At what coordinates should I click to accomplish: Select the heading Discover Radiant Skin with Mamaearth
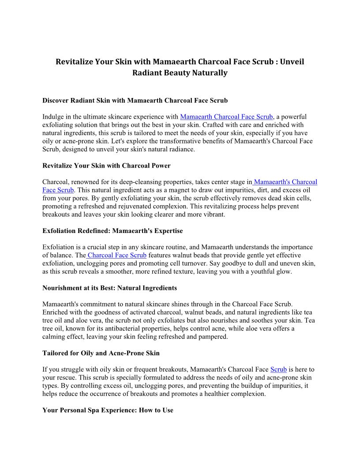coord(135,101)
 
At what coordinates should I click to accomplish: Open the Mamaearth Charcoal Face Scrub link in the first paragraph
coord(227,117)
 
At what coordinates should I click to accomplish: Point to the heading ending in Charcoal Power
coord(106,166)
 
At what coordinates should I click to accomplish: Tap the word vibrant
coord(213,214)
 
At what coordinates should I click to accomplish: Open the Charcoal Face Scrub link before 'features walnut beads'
coord(117,256)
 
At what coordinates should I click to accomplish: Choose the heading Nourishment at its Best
coord(109,288)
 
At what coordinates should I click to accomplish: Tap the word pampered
coord(214,337)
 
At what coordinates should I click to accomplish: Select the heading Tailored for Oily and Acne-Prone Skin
coord(101,353)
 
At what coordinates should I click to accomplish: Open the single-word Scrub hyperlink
coord(278,369)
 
